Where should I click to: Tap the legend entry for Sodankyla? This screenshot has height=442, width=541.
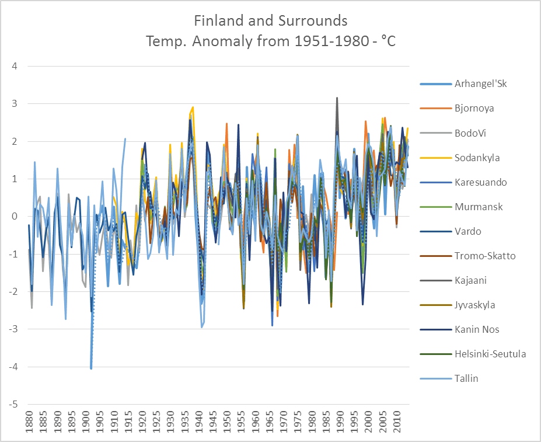click(x=477, y=158)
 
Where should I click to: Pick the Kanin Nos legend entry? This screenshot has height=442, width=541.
click(x=476, y=329)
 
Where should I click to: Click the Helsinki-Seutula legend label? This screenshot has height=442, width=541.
click(x=490, y=354)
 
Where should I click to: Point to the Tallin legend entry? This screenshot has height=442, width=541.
click(x=466, y=378)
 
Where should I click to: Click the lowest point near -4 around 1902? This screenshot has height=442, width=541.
click(x=91, y=368)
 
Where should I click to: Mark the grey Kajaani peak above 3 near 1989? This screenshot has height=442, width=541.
click(x=337, y=98)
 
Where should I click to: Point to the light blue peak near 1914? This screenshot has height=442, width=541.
click(x=125, y=139)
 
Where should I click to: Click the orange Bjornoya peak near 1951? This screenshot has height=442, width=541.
click(x=226, y=124)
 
